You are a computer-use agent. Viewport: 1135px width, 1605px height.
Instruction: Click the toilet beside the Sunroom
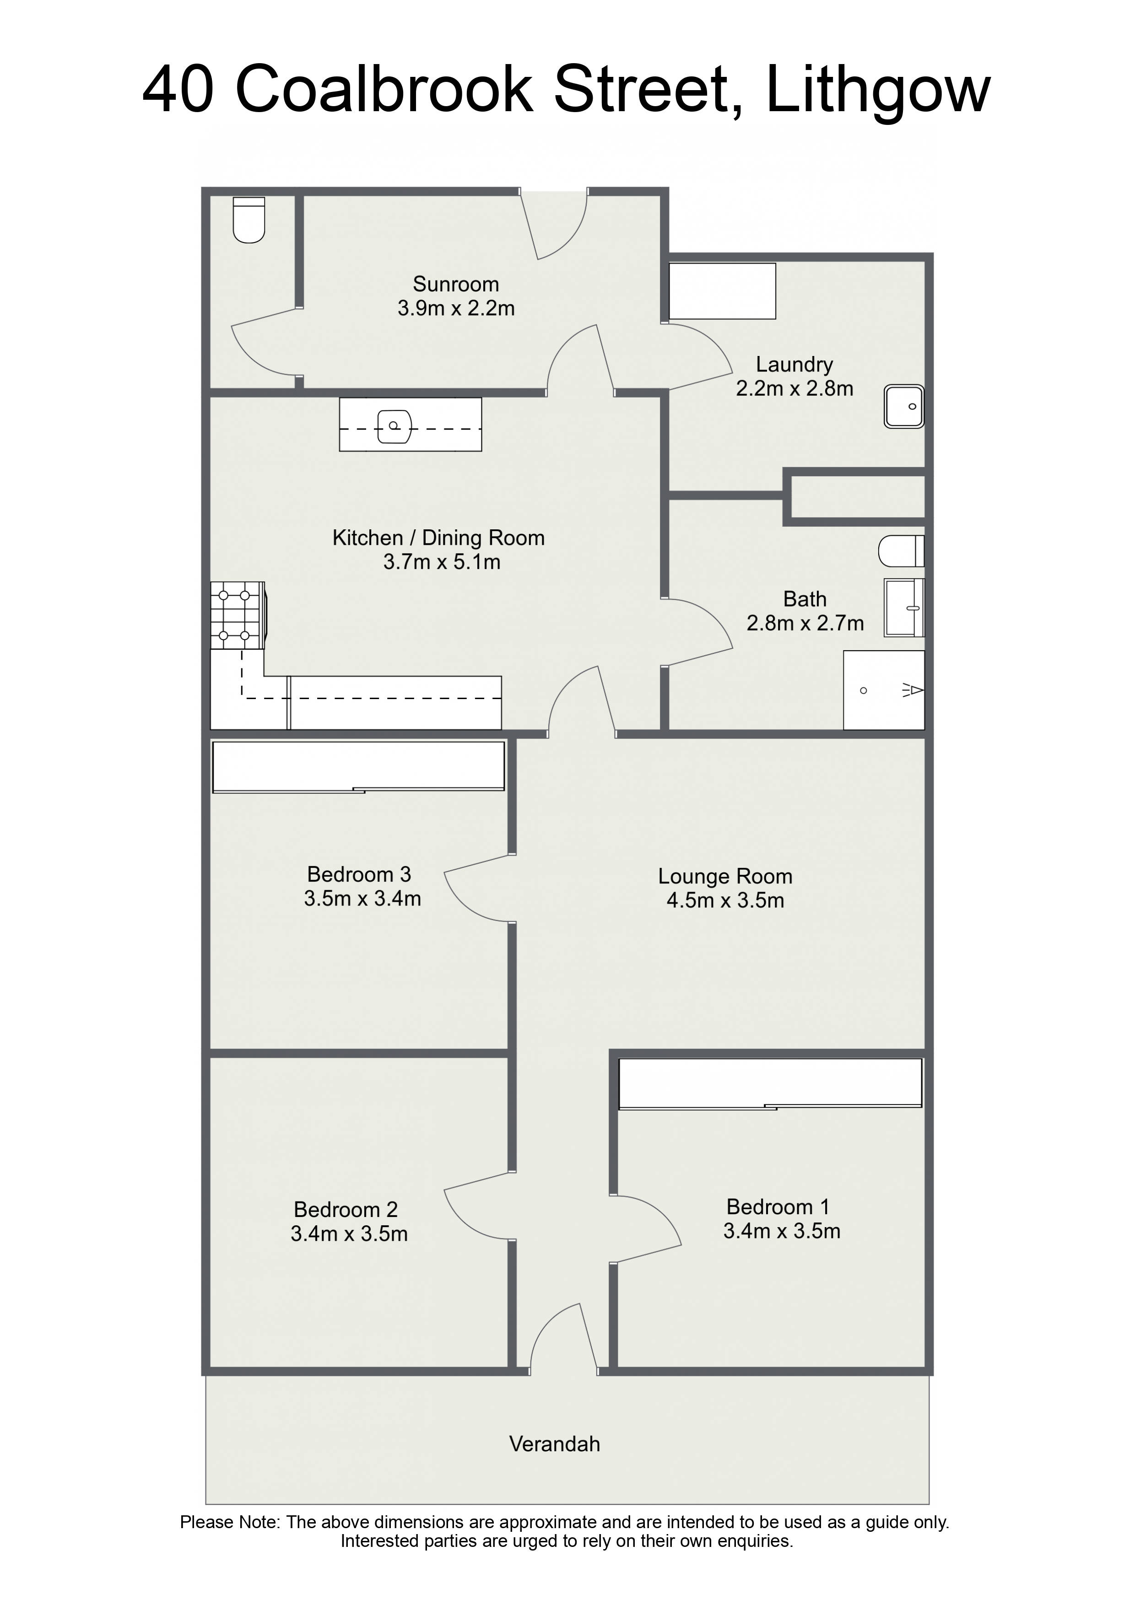click(x=249, y=220)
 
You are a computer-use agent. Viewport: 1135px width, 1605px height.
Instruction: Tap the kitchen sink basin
click(x=395, y=426)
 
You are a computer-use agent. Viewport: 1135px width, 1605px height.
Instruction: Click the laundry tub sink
click(x=904, y=406)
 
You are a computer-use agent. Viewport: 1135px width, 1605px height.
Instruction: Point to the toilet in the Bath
click(x=902, y=551)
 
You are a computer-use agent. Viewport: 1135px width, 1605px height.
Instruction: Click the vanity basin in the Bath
click(x=904, y=608)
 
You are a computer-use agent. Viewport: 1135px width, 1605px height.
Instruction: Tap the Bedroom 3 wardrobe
click(x=359, y=767)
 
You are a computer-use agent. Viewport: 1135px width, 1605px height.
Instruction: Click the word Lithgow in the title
click(x=878, y=91)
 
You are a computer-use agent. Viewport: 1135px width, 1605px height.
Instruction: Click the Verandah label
click(x=555, y=1444)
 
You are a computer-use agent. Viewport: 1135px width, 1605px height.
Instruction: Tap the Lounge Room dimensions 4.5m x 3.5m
click(x=725, y=900)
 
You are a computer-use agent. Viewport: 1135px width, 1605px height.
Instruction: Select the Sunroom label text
click(x=456, y=285)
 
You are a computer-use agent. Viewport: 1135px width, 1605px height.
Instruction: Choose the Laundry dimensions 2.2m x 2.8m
click(x=794, y=388)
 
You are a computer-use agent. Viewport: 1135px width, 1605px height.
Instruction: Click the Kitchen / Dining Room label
click(x=438, y=538)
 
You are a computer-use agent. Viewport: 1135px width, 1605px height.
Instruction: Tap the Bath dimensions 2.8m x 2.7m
click(x=805, y=624)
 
